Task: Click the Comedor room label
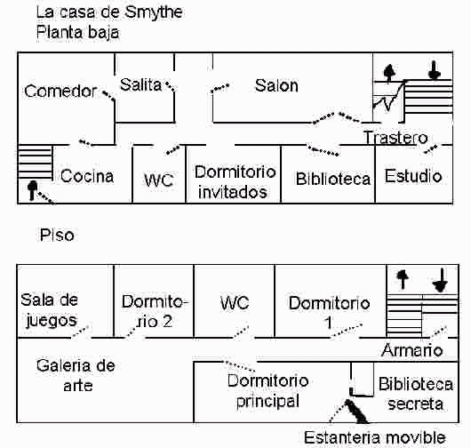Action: point(60,91)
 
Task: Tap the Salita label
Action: point(140,84)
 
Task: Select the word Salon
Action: point(276,85)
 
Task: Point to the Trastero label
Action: point(395,138)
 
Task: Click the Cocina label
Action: point(87,176)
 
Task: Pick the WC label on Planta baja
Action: point(158,180)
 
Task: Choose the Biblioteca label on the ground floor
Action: point(333,179)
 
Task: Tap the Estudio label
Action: point(413,176)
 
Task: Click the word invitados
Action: point(233,192)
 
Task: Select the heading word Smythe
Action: point(154,12)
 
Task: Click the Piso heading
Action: point(57,235)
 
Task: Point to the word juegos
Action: point(52,321)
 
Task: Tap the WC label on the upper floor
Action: point(235,302)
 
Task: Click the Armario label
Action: point(411,350)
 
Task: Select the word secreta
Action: point(415,404)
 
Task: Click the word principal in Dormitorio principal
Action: point(267,401)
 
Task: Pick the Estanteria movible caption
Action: point(374,437)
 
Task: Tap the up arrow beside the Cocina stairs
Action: point(32,190)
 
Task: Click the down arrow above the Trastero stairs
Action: point(435,70)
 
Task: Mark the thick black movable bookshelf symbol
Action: point(356,411)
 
